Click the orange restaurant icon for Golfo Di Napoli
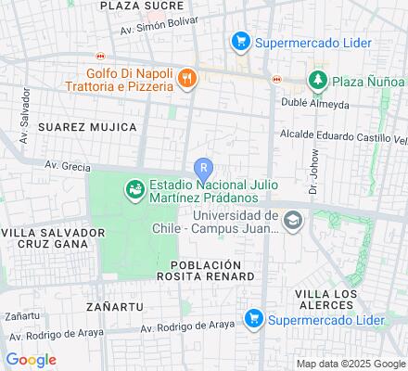(187, 79)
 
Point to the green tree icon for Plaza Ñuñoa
(319, 79)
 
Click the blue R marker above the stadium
(202, 168)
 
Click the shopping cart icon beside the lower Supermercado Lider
(252, 318)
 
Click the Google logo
(31, 360)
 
